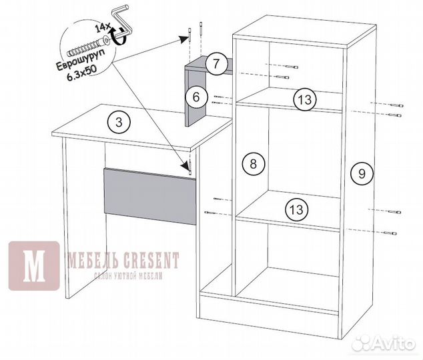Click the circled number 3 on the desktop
click(119, 123)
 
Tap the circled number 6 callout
click(196, 97)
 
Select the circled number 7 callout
click(216, 64)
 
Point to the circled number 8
click(254, 163)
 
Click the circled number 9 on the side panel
click(362, 173)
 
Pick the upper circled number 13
click(305, 99)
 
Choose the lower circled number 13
click(297, 209)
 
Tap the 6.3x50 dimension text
click(82, 73)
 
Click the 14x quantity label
click(102, 27)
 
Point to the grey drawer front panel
click(150, 196)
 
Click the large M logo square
click(34, 266)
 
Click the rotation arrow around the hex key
click(119, 37)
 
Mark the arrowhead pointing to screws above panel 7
click(185, 39)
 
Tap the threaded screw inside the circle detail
click(87, 47)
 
